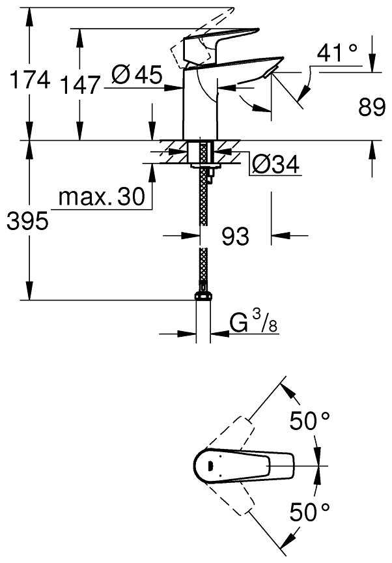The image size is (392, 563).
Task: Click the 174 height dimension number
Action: [x=30, y=79]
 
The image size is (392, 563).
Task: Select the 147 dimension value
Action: [x=79, y=85]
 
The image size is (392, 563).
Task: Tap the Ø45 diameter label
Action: [x=137, y=75]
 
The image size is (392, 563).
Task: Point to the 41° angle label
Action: [x=337, y=53]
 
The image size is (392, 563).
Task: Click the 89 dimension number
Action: [x=372, y=107]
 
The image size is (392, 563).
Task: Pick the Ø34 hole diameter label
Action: [x=275, y=165]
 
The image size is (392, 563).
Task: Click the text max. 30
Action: [x=102, y=196]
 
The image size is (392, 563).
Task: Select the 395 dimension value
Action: [x=27, y=221]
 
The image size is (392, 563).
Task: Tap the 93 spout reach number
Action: [x=235, y=237]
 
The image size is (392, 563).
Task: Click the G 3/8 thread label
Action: [x=253, y=321]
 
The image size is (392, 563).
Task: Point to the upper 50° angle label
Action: [x=309, y=420]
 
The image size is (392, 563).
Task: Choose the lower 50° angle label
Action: [x=309, y=512]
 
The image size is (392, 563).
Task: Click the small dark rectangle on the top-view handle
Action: [x=210, y=466]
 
